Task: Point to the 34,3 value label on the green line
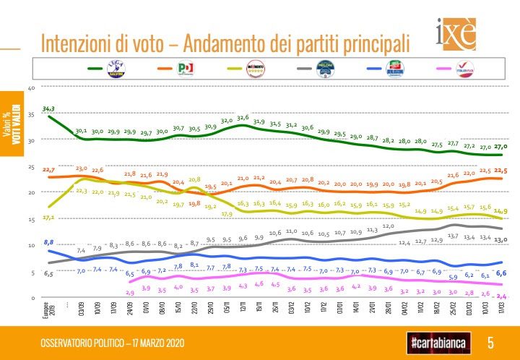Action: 48,108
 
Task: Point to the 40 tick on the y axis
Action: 31,88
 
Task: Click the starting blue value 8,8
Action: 48,241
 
